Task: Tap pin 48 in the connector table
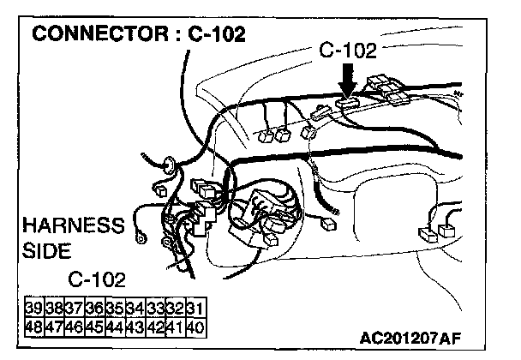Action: pyautogui.click(x=35, y=326)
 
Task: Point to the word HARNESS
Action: pyautogui.click(x=73, y=227)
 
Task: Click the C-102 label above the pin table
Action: pyautogui.click(x=97, y=280)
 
